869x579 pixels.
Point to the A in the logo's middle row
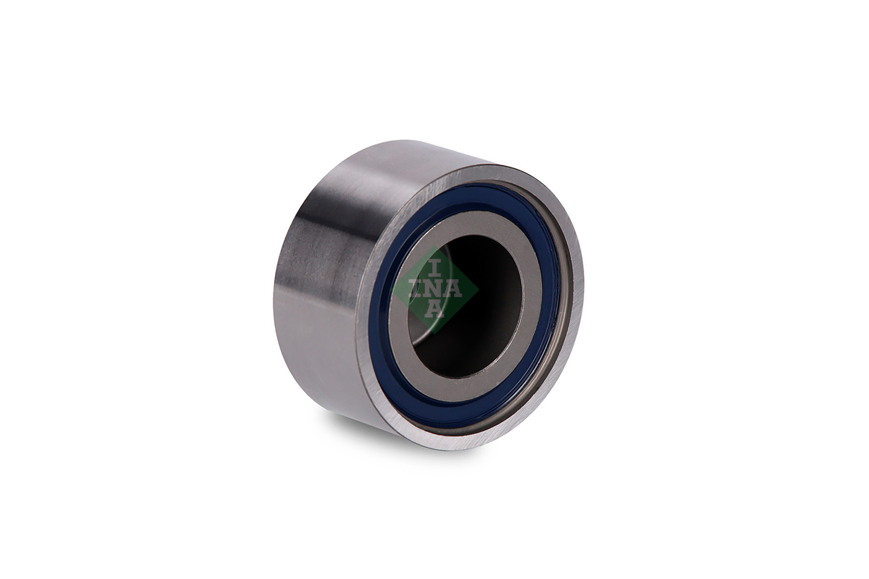452,289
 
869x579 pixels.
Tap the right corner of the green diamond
478,289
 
